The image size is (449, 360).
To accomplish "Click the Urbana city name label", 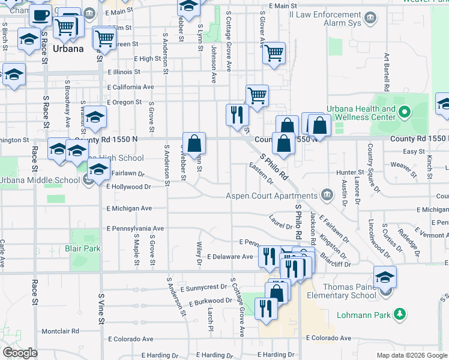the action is tap(68, 49).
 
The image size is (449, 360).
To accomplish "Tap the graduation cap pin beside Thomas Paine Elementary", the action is tap(385, 277).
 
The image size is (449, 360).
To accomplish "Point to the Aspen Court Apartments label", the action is tap(271, 196).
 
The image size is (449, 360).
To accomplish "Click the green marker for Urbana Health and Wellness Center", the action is tap(405, 112).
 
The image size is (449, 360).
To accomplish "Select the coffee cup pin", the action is tap(41, 16).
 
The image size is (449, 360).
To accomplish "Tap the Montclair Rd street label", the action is tap(60, 331).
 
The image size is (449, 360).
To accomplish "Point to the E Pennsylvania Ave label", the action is tap(135, 229).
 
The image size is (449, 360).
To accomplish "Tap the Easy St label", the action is tap(414, 152).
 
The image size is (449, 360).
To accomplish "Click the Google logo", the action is tap(20, 353).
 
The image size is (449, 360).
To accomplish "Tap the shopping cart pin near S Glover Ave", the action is tap(274, 53).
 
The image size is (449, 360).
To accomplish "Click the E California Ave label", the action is tap(130, 87).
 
